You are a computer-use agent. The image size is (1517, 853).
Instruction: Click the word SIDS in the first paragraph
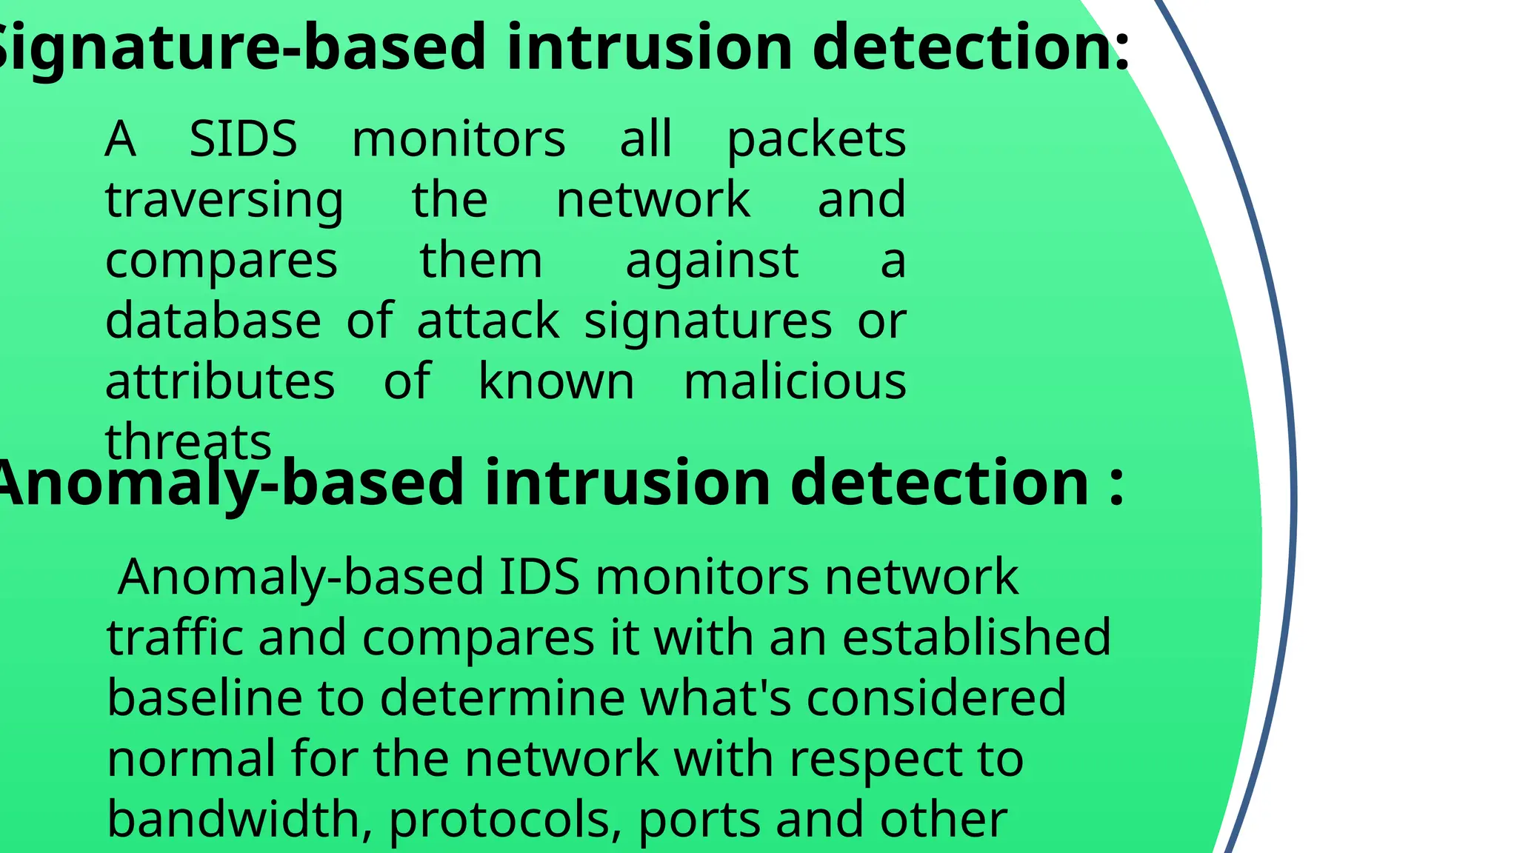(x=243, y=139)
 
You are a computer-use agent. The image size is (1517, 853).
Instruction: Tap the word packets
(x=816, y=141)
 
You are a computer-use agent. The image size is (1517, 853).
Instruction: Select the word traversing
(x=224, y=201)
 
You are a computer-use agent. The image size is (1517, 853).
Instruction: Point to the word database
(x=213, y=321)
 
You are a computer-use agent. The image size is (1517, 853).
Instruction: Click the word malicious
(x=795, y=382)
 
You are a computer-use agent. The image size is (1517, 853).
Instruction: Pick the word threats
(x=188, y=443)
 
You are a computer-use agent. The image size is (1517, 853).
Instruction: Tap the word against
(x=712, y=262)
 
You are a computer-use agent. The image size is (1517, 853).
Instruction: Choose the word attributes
(x=220, y=382)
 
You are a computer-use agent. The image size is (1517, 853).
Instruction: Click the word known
(x=556, y=382)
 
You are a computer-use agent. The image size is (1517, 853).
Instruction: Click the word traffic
(x=174, y=638)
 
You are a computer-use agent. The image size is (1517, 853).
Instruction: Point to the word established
(x=976, y=638)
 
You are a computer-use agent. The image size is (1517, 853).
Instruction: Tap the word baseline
(x=204, y=698)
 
